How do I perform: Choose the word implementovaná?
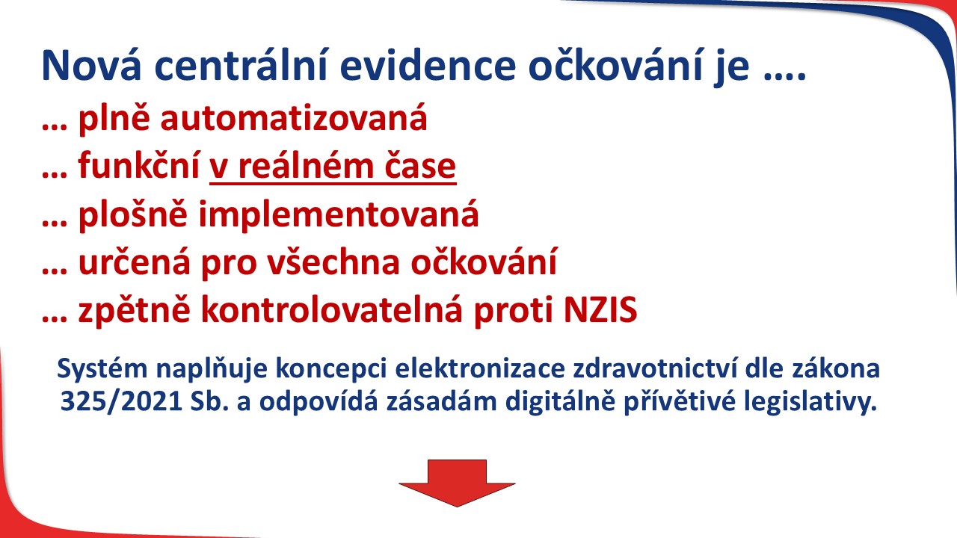point(339,214)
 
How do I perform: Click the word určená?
point(134,262)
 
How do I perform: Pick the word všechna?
point(333,262)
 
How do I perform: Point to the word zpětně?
point(134,310)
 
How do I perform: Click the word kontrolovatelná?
point(332,309)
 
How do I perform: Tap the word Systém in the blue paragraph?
point(102,369)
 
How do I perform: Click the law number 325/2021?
point(122,402)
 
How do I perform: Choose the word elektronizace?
point(480,368)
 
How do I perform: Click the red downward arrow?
point(457,483)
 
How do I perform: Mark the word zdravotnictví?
point(656,368)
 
